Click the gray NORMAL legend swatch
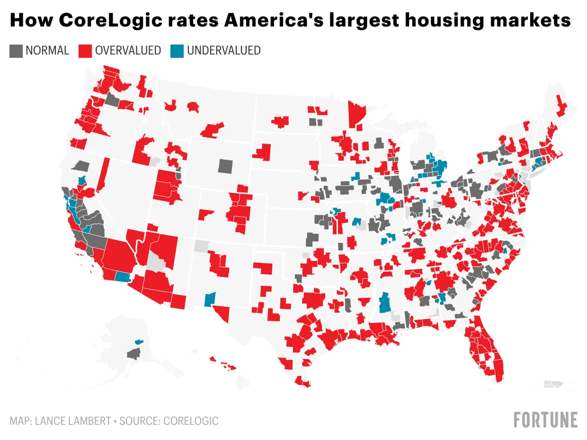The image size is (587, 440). pos(16,51)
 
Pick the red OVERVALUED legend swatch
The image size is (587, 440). pos(86,51)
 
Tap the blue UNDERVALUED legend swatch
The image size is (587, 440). pos(177,51)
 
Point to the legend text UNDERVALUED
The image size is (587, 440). pos(224,50)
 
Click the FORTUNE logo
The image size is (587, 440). pos(545,420)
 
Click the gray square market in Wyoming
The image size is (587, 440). pos(226,166)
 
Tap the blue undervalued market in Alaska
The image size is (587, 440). pos(139,341)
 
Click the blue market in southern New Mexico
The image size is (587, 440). pos(210,298)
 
